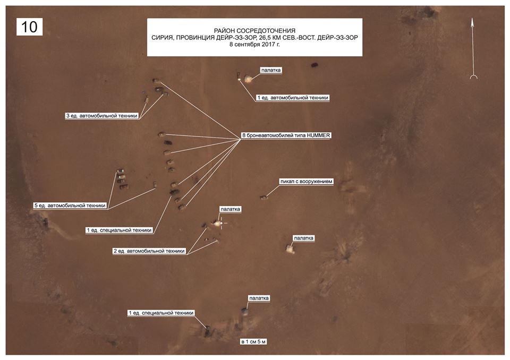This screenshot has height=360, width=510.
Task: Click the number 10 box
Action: coord(29,27)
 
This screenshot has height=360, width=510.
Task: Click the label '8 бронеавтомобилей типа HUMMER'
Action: coord(286,136)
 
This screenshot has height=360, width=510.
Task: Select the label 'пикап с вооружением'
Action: coord(307,182)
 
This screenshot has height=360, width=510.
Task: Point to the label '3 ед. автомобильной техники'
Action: coord(101,115)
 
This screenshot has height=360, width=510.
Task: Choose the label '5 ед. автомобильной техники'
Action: coord(70,205)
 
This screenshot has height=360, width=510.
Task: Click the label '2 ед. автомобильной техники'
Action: coord(149,251)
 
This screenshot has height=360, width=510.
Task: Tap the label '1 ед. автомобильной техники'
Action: coord(293,98)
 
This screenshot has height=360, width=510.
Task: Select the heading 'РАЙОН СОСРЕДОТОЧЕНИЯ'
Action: coord(255,31)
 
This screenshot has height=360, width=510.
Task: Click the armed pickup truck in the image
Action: coord(263,197)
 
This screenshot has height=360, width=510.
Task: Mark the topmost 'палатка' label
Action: coord(271,70)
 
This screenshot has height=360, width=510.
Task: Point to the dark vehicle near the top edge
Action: coord(315,65)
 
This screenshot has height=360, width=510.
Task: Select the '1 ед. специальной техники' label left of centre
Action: coord(120,230)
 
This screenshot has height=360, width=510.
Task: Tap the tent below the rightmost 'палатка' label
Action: coord(290,248)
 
